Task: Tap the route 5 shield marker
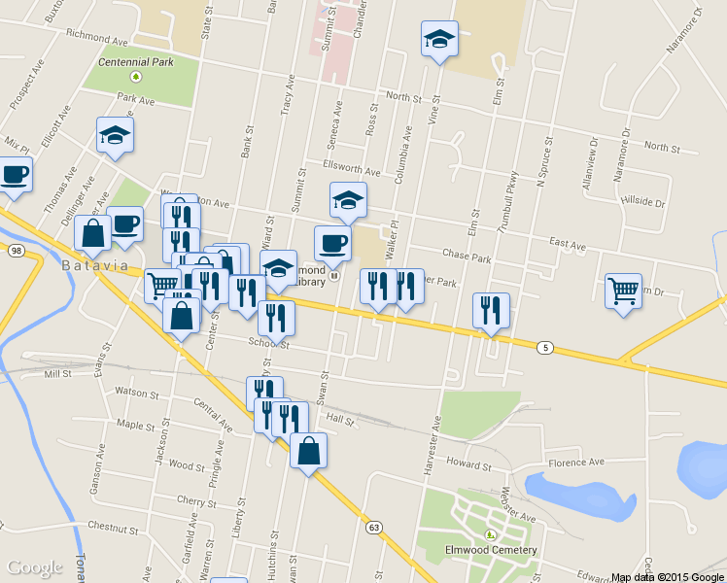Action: pyautogui.click(x=546, y=346)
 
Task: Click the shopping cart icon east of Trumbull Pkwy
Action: pyautogui.click(x=623, y=290)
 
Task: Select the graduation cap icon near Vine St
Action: pyautogui.click(x=439, y=40)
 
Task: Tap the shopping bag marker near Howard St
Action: pyautogui.click(x=308, y=451)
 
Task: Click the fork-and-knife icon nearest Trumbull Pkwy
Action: pyautogui.click(x=490, y=310)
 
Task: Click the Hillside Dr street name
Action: pyautogui.click(x=641, y=203)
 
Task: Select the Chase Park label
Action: pyautogui.click(x=467, y=256)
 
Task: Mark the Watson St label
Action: pyautogui.click(x=137, y=394)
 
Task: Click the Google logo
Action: pyautogui.click(x=36, y=567)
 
